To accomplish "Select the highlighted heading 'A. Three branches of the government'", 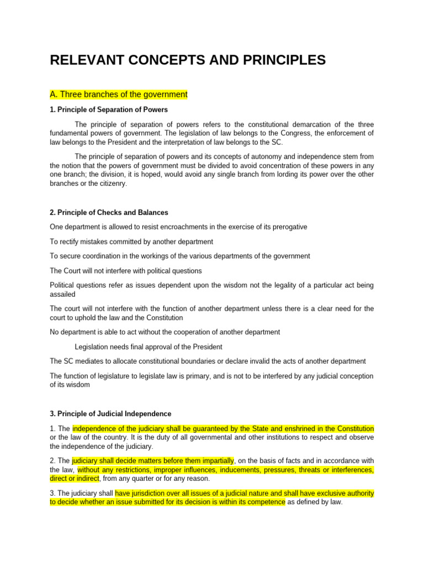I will pos(119,95).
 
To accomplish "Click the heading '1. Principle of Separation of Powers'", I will pos(109,109).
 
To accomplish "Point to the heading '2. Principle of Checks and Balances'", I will pos(109,212).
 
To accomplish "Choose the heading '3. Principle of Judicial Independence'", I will pos(110,413).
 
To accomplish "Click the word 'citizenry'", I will pos(111,184).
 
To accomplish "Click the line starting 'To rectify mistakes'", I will pos(131,242).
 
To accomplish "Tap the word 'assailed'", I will pos(62,295).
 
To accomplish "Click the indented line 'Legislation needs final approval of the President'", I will pos(149,347).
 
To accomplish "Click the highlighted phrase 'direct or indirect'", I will pos(75,478).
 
